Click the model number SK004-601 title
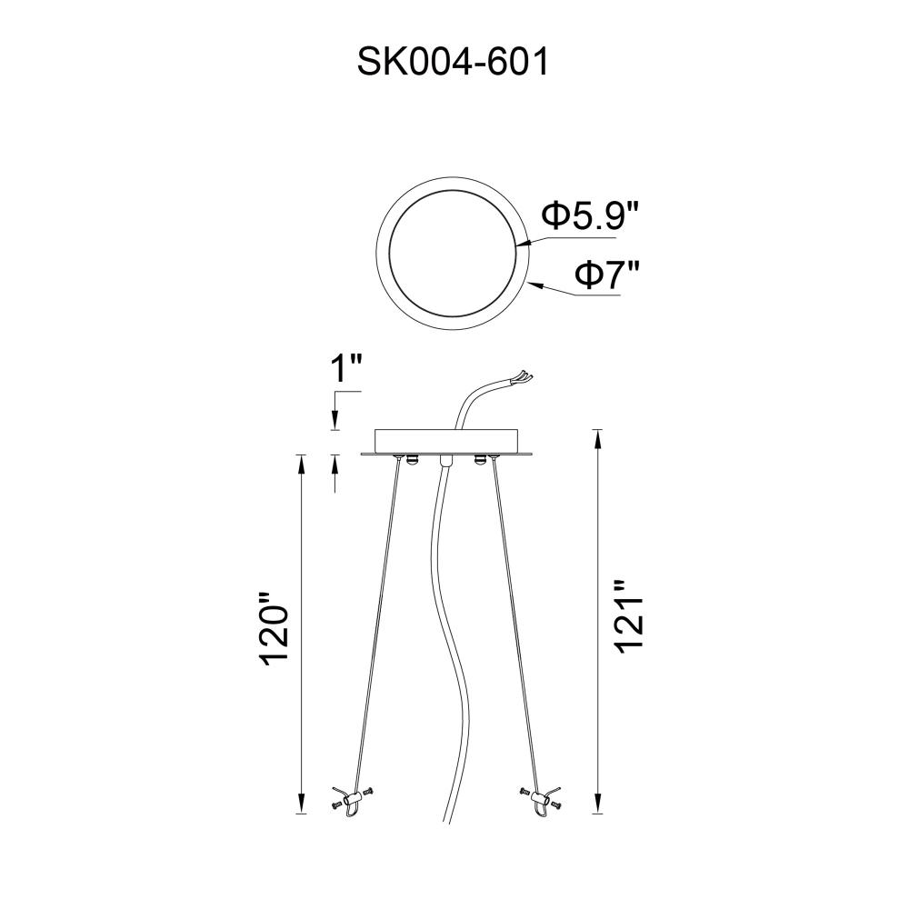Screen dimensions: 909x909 453,62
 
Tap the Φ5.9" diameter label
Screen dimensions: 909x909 590,215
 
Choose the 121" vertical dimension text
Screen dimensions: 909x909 630,617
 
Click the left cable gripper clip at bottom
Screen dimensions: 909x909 351,802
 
